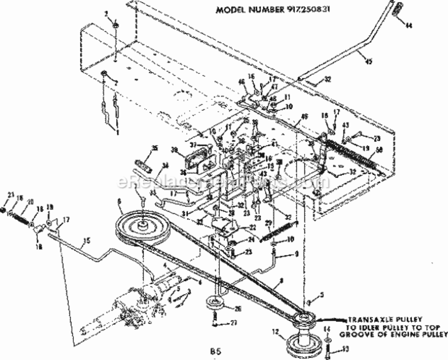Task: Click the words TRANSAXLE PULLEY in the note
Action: (x=370, y=319)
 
